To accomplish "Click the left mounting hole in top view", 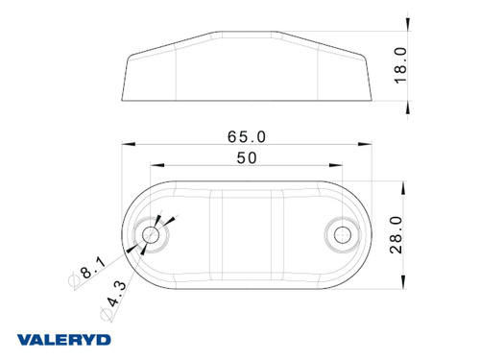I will pyautogui.click(x=151, y=235).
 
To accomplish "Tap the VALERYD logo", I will pyautogui.click(x=63, y=340).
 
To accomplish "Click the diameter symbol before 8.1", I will pyautogui.click(x=74, y=281).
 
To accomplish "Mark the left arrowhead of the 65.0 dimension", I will pyautogui.click(x=128, y=146).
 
